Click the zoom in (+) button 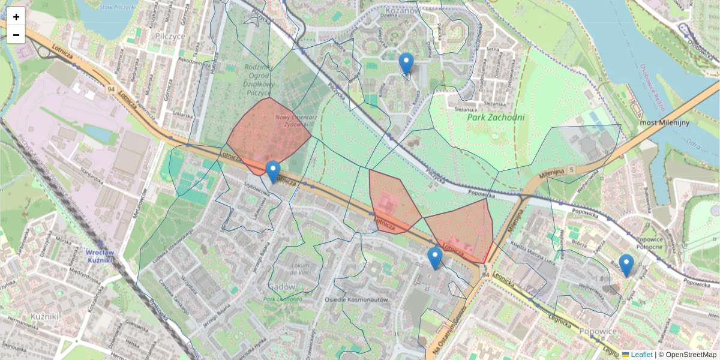16,16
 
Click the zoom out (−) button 16,35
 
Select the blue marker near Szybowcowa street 273,172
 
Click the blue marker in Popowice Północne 626,265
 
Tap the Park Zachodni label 496,118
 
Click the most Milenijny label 663,122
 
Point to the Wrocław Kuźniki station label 91,256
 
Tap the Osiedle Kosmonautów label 356,299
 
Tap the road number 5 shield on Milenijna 572,170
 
